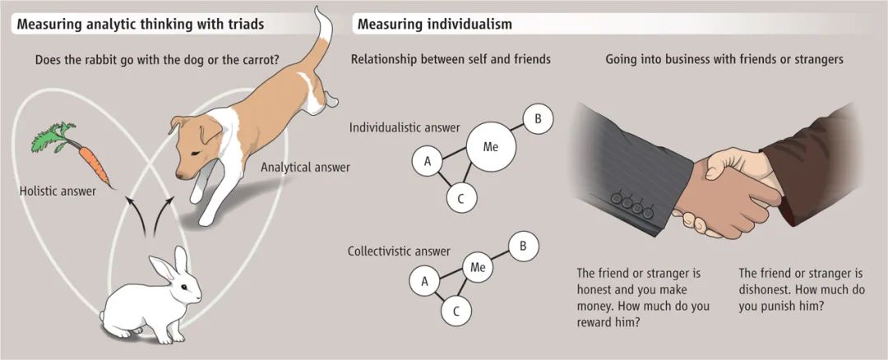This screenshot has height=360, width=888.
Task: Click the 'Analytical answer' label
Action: [x=305, y=167]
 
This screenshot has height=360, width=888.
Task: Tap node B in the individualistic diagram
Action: [x=538, y=119]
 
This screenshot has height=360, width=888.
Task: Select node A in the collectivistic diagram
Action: [x=425, y=282]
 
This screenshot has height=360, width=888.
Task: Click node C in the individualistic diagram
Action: [x=460, y=197]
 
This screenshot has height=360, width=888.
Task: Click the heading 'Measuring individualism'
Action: [x=435, y=24]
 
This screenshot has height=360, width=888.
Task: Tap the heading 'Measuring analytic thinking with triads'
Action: [x=140, y=24]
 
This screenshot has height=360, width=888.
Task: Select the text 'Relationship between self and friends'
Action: [x=451, y=59]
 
